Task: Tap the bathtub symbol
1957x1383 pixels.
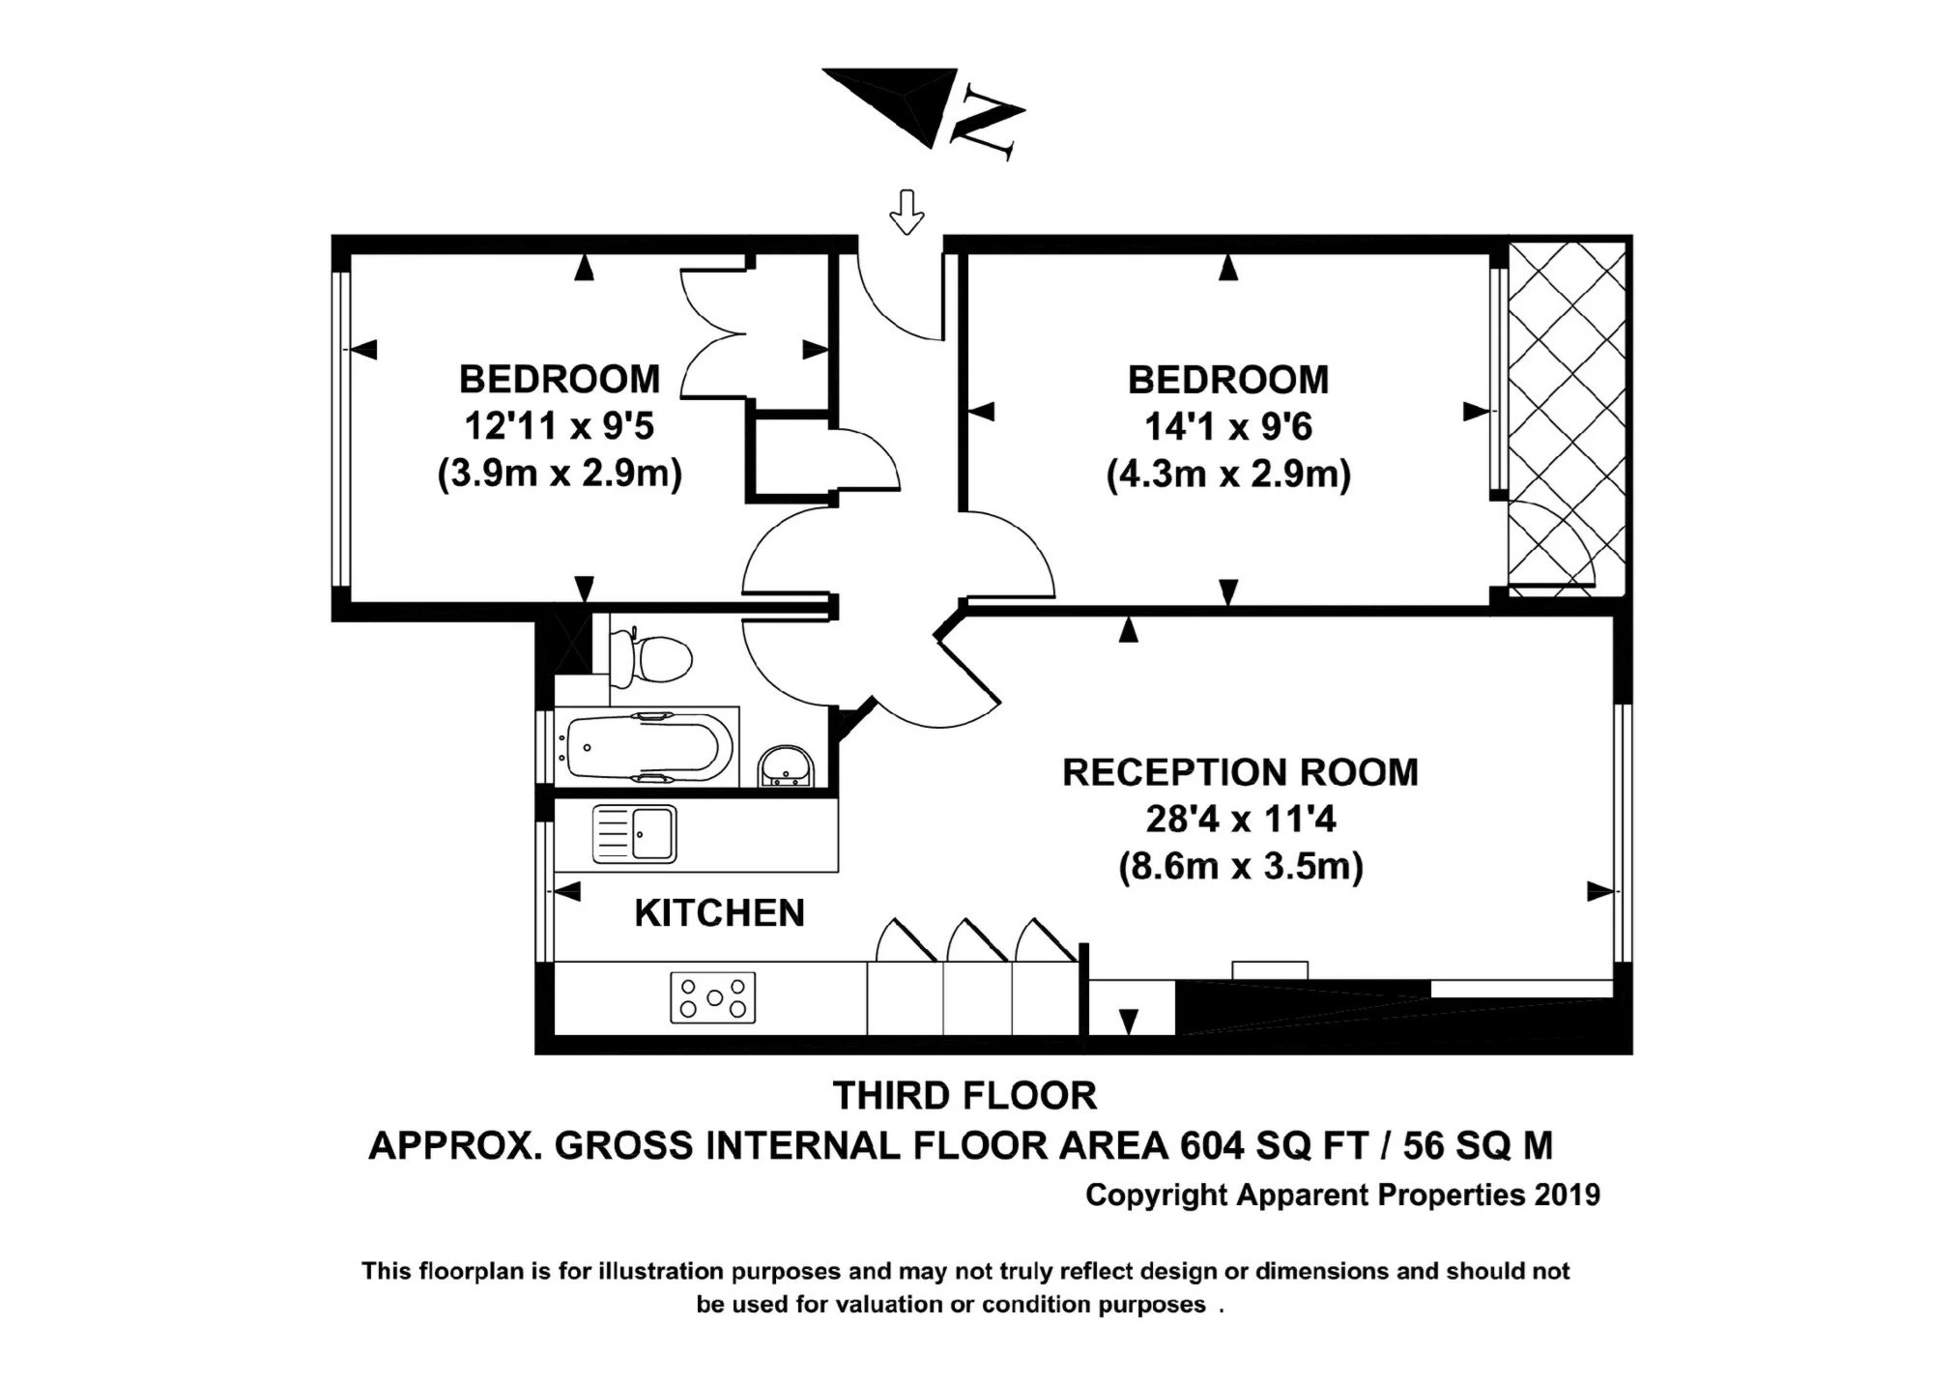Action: pos(646,747)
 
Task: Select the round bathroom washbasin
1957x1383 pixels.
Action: pos(788,768)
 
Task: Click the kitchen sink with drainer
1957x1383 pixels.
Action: pos(634,833)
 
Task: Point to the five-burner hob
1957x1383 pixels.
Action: pos(712,997)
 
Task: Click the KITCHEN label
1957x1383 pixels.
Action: pos(719,913)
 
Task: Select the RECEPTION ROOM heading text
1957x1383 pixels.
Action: pos(1240,773)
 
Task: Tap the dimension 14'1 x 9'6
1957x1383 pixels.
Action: pos(1227,426)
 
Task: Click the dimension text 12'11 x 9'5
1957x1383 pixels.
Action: pos(560,426)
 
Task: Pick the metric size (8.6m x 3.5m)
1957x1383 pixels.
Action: pos(1240,866)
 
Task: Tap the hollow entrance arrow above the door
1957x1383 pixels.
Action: pos(906,212)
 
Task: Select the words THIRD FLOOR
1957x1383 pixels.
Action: pos(964,1096)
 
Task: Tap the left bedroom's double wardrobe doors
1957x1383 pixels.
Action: pos(716,334)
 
